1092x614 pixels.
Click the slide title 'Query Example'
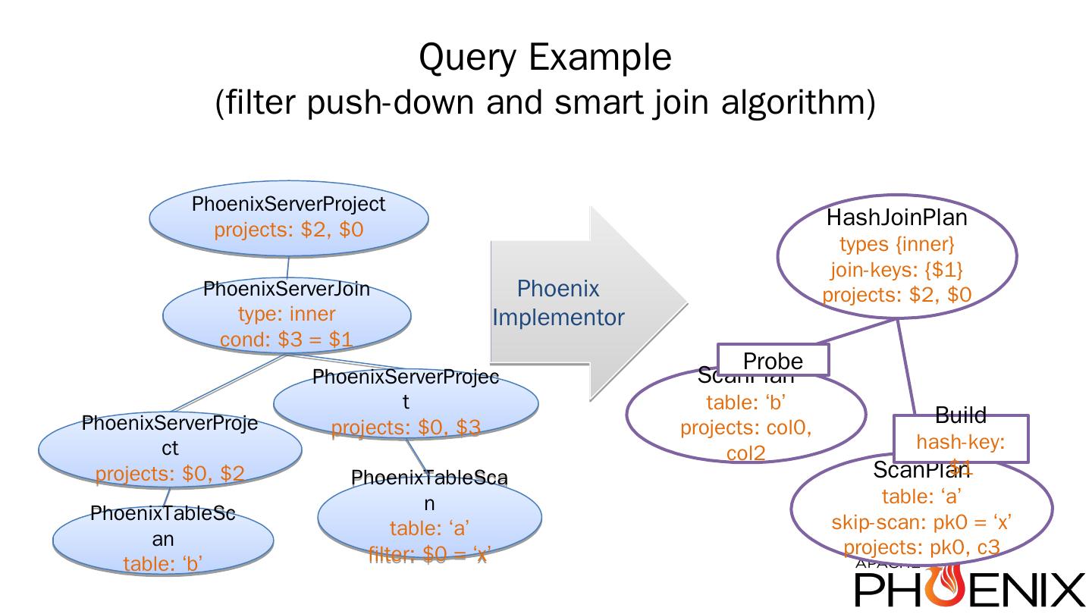click(545, 57)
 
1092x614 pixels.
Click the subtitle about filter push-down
click(545, 102)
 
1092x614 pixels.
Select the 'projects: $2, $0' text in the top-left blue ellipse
click(288, 230)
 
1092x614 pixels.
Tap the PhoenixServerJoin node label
click(287, 289)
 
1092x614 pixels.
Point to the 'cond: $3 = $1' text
click(287, 340)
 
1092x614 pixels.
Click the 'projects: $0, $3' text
click(406, 428)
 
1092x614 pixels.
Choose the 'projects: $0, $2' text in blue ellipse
click(170, 474)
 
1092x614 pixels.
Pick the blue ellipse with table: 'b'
click(163, 540)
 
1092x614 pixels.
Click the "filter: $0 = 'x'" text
click(429, 555)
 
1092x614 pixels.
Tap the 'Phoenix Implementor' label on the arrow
click(558, 302)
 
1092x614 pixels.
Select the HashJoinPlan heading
click(896, 218)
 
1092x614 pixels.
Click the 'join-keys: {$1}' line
click(896, 269)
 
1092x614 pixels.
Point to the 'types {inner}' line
click(896, 244)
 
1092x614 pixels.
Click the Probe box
click(773, 361)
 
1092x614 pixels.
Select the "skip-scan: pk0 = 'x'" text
click(921, 522)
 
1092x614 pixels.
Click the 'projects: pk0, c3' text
click(921, 547)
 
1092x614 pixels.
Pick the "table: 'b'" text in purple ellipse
click(746, 403)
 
